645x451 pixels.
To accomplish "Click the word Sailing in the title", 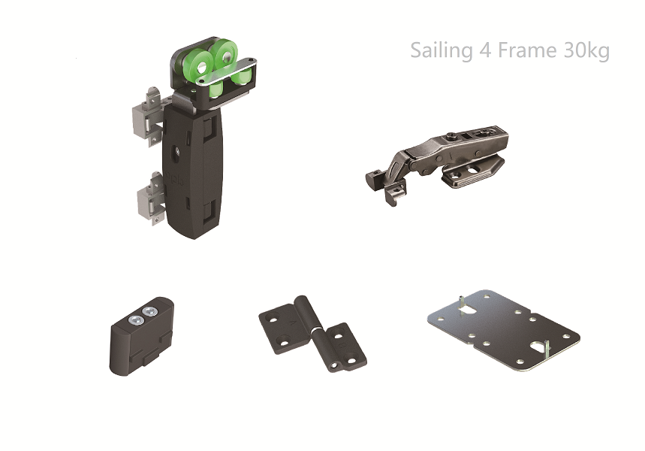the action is pos(442,50).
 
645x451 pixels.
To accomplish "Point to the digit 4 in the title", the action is pos(485,50).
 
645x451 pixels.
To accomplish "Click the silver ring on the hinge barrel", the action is pos(316,330).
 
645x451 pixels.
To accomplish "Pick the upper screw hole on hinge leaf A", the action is pos(273,319).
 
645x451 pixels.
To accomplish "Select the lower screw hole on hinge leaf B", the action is pos(351,361).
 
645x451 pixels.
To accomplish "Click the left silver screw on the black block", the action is pos(135,320).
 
